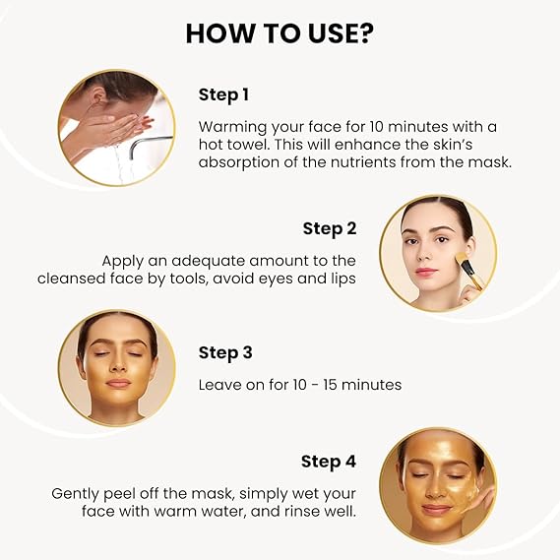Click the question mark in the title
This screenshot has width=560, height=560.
coord(364,33)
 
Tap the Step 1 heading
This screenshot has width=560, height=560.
coord(223,95)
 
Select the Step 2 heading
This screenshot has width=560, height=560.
coord(330,229)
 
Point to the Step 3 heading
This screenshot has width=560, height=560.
coord(225,353)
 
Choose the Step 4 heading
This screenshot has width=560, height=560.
coord(329,462)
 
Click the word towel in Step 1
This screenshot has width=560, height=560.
coord(244,145)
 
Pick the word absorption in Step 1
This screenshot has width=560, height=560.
coord(239,163)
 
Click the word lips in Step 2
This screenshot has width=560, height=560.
coord(342,280)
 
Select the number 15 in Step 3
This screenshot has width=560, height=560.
coord(330,385)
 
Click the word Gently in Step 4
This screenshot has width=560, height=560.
coord(75,495)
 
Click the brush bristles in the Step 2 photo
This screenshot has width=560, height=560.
coord(461,259)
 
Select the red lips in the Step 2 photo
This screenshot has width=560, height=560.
coord(426,272)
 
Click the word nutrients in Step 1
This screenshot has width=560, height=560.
coord(363,162)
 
